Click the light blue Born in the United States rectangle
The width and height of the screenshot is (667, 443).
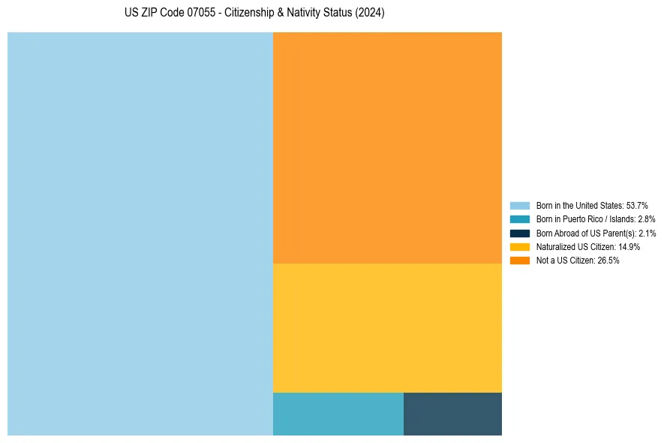click(140, 234)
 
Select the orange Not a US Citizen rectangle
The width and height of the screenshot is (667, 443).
click(387, 148)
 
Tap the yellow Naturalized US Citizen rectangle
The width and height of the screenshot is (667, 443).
click(387, 327)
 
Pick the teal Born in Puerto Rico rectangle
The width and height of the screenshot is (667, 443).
click(338, 414)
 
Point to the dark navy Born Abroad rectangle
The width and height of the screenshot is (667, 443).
click(452, 414)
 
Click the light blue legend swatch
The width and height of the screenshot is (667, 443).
click(520, 206)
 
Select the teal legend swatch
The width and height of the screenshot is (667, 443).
click(520, 219)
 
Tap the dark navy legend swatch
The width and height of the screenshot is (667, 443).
click(520, 234)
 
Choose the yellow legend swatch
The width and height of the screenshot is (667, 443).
click(520, 247)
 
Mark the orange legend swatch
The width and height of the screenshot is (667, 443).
click(520, 261)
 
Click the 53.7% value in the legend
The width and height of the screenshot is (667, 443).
click(637, 206)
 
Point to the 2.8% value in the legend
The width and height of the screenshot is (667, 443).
click(647, 219)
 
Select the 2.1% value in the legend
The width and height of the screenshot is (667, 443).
click(647, 234)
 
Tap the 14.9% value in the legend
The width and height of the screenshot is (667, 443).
click(629, 247)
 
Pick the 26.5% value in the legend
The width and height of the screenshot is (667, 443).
click(608, 261)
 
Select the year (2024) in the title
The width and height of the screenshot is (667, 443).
click(370, 14)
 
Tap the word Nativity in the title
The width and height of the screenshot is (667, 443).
click(303, 14)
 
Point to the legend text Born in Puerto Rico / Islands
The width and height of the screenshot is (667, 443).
click(585, 219)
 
